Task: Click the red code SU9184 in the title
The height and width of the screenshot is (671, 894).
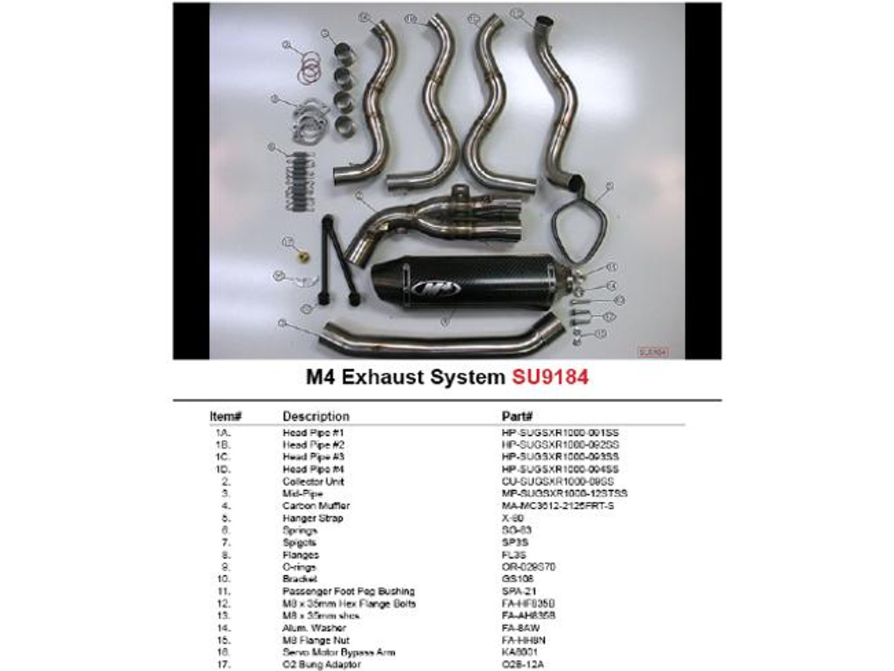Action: pos(550,378)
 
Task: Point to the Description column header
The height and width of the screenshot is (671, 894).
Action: pos(316,416)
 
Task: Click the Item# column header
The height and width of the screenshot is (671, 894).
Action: pos(225,416)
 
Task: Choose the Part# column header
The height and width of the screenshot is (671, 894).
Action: pos(518,416)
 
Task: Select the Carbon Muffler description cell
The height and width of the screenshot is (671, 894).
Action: pos(316,506)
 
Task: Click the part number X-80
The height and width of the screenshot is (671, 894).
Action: pos(513,518)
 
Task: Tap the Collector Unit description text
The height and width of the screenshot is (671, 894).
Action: pos(313,482)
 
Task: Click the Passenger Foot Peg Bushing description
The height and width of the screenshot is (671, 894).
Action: pos(349,591)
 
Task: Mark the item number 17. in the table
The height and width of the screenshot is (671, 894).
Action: pos(223,665)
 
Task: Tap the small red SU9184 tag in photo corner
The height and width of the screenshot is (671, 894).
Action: pos(653,352)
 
